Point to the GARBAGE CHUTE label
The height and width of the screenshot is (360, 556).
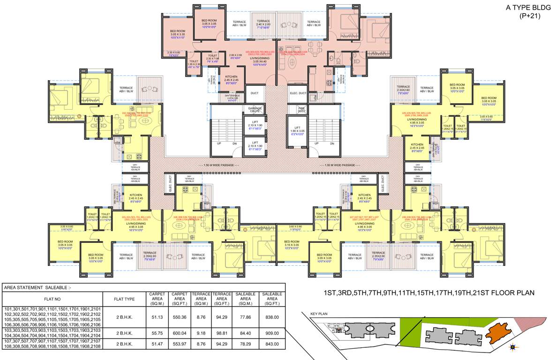click(x=255, y=110)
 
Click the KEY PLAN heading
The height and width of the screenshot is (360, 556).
click(x=318, y=315)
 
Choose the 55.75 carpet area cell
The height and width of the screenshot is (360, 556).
click(x=157, y=333)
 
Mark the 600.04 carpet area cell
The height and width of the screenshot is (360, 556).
click(x=180, y=333)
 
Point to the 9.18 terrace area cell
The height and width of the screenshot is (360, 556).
click(x=201, y=333)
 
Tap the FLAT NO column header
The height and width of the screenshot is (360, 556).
click(x=53, y=299)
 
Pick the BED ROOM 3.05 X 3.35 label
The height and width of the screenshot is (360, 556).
click(x=178, y=34)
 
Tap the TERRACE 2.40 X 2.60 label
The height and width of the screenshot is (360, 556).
click(x=263, y=24)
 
